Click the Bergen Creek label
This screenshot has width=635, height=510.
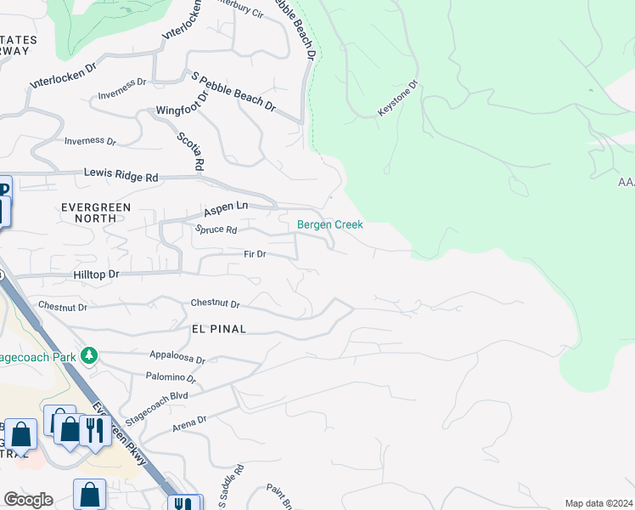329,224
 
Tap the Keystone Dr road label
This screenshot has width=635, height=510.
399,99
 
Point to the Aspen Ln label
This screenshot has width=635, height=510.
225,207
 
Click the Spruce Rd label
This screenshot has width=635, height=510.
216,229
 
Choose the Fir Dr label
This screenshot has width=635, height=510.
255,254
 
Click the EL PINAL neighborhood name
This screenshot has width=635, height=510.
218,329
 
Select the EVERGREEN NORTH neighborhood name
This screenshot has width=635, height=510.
94,212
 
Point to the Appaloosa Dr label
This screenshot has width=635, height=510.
177,360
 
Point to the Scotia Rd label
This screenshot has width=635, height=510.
190,150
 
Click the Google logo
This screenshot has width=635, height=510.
28,500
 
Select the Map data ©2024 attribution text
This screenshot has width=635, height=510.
598,503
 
